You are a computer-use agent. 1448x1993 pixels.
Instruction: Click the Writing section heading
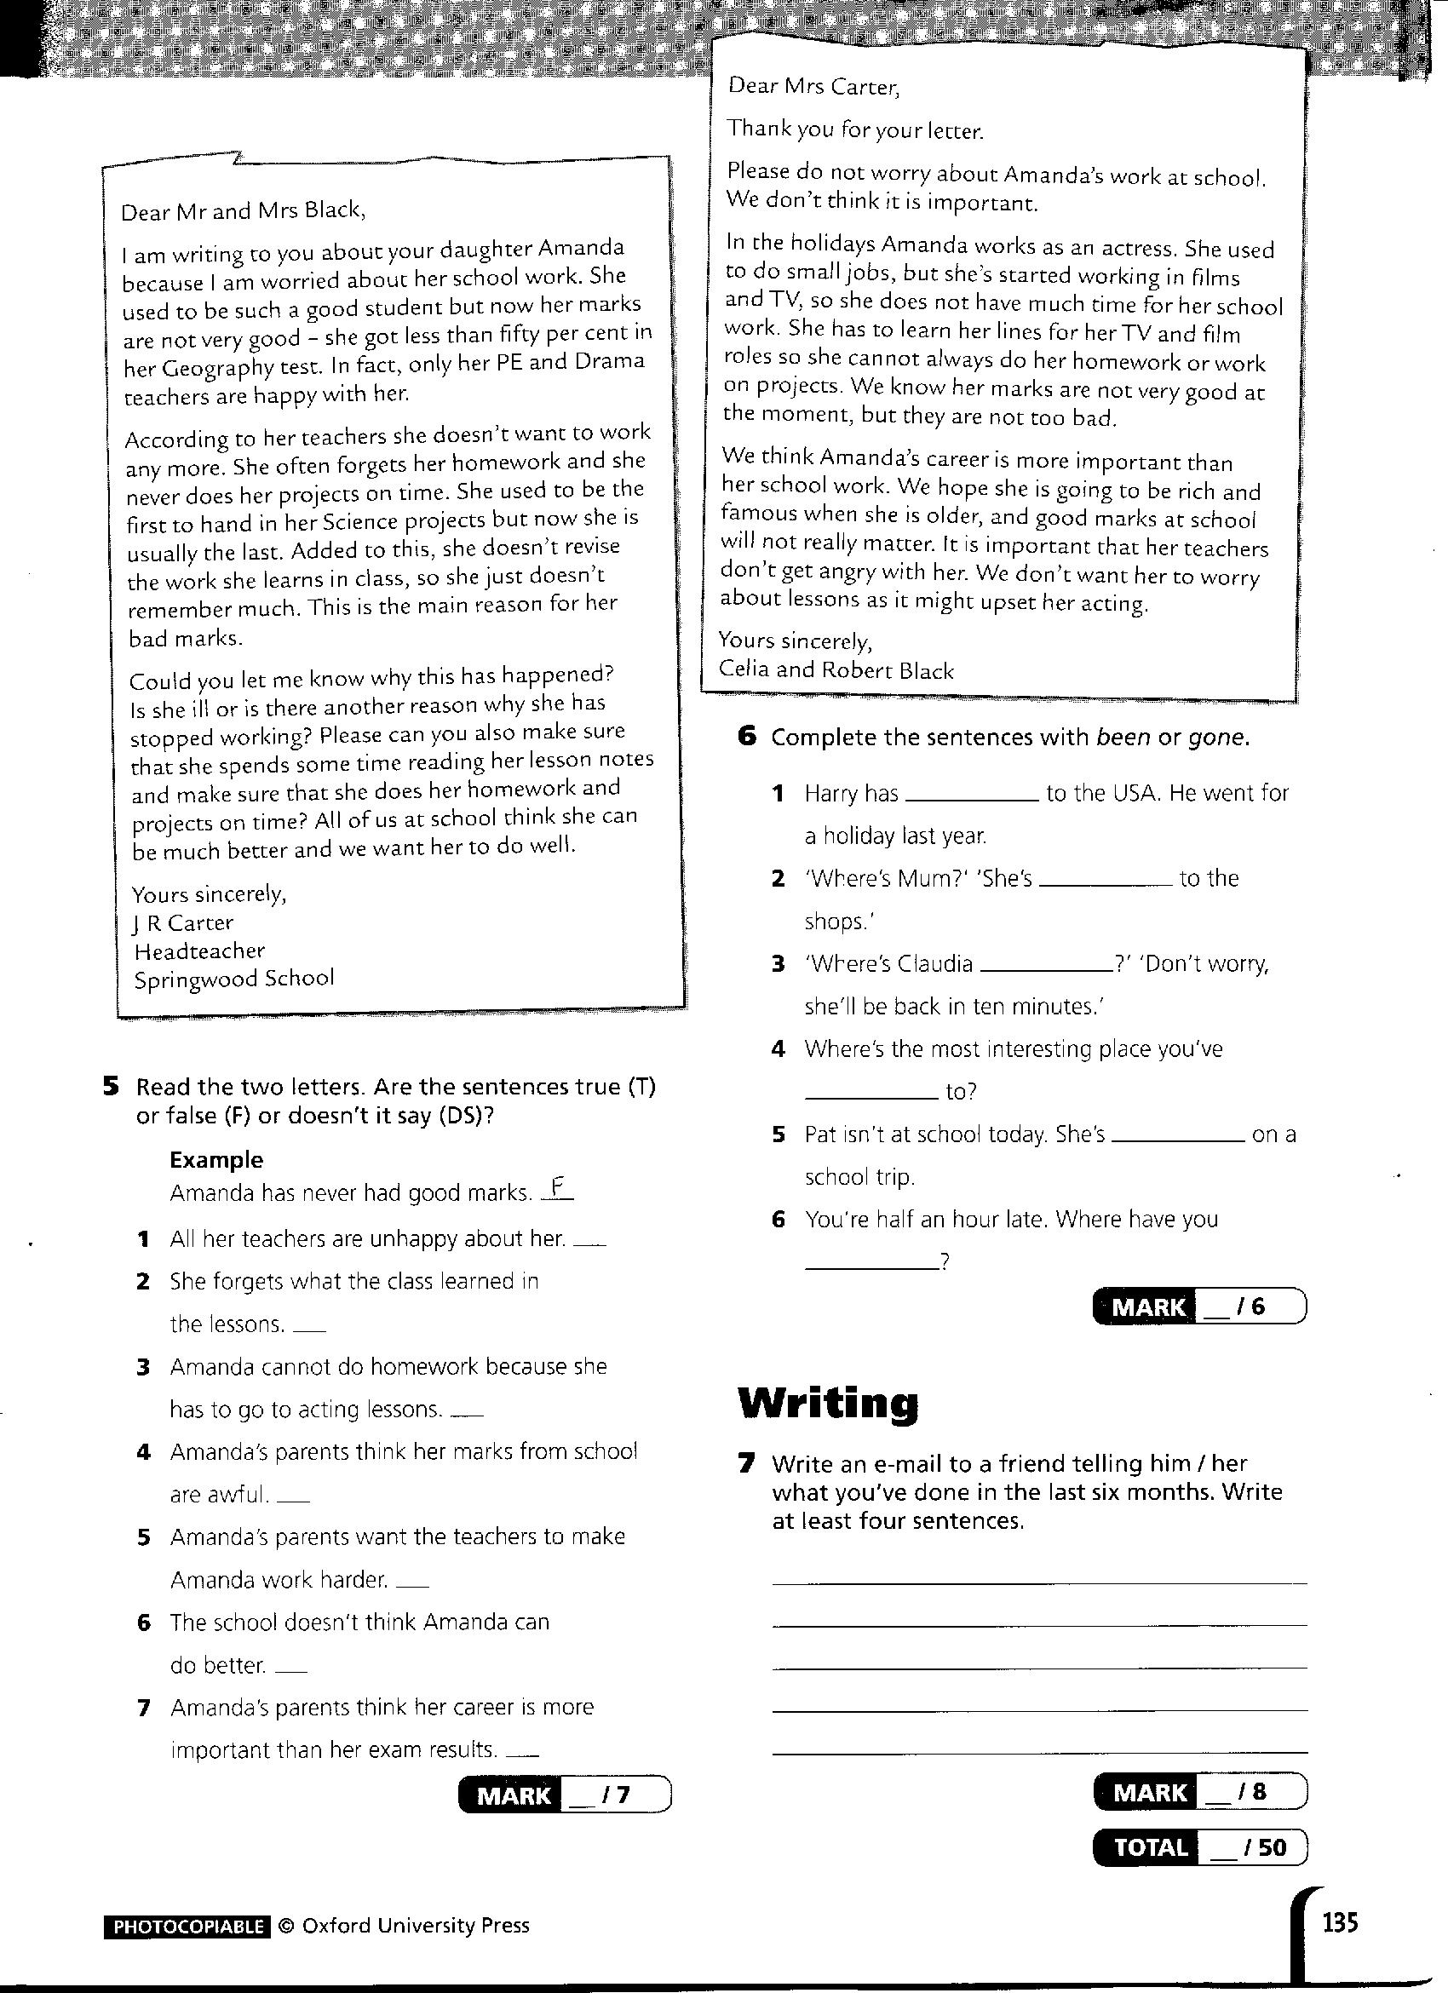pyautogui.click(x=828, y=1404)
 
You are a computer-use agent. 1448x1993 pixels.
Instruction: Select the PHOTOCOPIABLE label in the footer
pyautogui.click(x=187, y=1927)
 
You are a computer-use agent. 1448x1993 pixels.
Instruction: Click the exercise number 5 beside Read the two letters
pyautogui.click(x=111, y=1087)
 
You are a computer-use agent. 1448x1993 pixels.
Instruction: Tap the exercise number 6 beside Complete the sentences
pyautogui.click(x=747, y=737)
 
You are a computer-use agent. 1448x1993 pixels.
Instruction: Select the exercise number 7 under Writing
pyautogui.click(x=747, y=1463)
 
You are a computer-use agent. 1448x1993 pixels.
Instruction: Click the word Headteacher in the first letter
pyautogui.click(x=199, y=951)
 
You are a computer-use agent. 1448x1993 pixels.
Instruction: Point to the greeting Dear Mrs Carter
pyautogui.click(x=813, y=86)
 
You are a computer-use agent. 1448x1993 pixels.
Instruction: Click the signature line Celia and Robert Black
pyautogui.click(x=836, y=670)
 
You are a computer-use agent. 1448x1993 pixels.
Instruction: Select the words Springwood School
pyautogui.click(x=233, y=979)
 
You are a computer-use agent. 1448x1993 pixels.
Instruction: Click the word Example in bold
pyautogui.click(x=216, y=1160)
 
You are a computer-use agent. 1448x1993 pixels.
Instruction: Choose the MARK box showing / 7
pyautogui.click(x=564, y=1795)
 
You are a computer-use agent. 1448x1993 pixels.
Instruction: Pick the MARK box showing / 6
pyautogui.click(x=1198, y=1307)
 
